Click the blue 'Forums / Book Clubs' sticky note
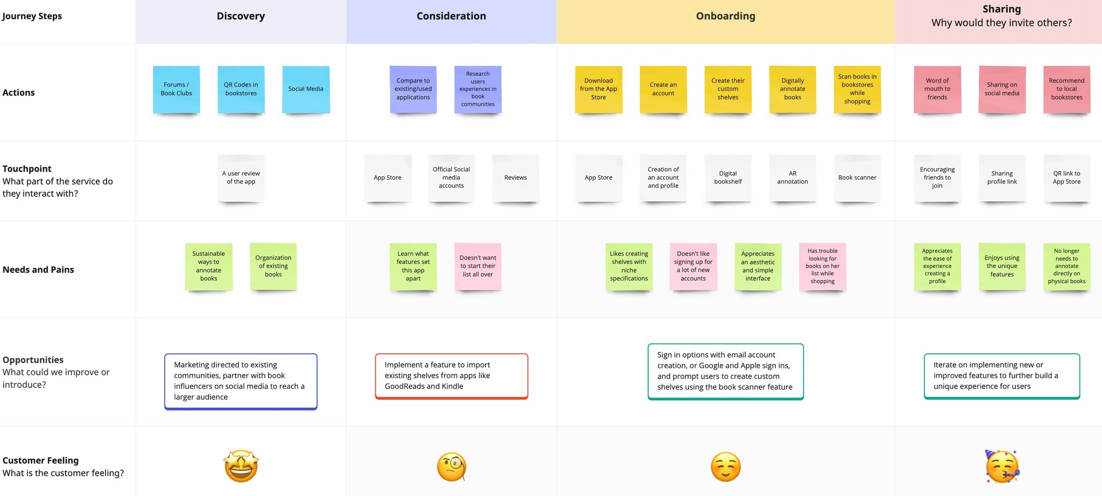176,89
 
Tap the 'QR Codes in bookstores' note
241,89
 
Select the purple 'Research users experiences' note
478,89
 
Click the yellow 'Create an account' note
663,89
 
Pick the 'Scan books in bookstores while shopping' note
857,89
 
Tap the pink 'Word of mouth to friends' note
937,89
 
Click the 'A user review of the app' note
241,178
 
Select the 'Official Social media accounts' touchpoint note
451,178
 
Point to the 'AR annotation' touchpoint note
793,178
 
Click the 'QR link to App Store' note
1066,178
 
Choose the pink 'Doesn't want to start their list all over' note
478,266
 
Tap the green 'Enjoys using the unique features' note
1002,266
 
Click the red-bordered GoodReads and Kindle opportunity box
451,376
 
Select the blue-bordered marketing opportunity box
241,381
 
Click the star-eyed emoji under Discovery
241,466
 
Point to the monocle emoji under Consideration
451,467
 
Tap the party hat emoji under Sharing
1002,467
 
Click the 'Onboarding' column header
725,16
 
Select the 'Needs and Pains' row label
38,270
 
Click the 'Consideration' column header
451,16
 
